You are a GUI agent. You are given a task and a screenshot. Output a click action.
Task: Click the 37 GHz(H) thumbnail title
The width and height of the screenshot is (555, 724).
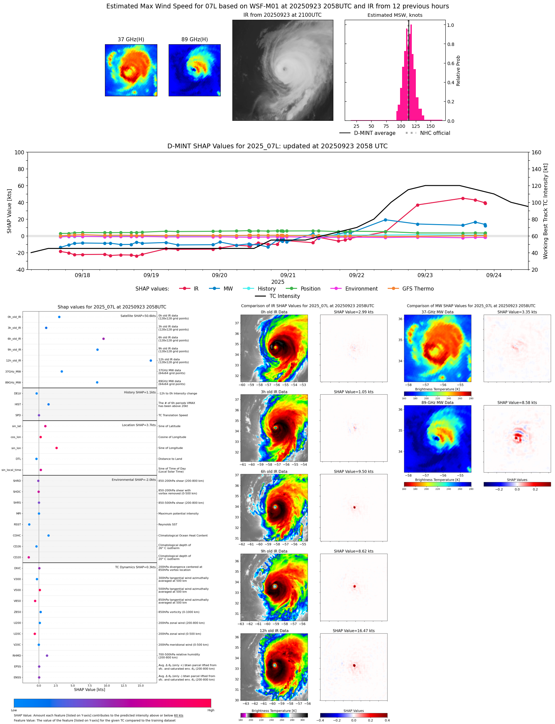click(131, 40)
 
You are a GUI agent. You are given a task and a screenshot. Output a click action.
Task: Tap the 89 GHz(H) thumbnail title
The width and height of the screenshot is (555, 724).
click(195, 40)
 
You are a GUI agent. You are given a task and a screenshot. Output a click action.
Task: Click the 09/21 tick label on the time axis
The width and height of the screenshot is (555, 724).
click(288, 275)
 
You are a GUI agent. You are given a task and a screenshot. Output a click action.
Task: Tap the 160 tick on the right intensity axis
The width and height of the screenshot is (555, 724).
click(536, 153)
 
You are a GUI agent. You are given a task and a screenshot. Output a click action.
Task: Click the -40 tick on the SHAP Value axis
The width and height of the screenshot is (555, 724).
click(19, 270)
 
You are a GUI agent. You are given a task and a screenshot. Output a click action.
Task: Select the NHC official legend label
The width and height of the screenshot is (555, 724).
click(435, 133)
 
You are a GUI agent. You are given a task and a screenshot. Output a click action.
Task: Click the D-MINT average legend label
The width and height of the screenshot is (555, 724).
click(375, 133)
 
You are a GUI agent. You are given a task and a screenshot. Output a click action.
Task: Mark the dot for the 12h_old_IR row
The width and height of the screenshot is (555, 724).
click(151, 361)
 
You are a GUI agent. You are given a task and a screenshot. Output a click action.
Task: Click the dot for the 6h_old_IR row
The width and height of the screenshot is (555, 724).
click(103, 339)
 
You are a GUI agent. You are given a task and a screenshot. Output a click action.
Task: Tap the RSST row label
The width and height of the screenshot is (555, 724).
click(17, 525)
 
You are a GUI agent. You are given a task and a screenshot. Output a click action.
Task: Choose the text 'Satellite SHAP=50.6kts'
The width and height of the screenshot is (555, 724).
click(138, 316)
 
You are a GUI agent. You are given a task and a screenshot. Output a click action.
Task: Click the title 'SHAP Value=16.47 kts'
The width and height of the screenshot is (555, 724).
click(353, 631)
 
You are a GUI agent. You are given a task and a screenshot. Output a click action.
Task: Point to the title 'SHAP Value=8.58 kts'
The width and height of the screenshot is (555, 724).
click(517, 403)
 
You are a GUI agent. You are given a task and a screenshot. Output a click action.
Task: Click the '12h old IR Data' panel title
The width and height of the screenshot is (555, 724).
click(274, 631)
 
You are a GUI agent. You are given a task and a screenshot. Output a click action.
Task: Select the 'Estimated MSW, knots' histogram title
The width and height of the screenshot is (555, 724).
click(395, 15)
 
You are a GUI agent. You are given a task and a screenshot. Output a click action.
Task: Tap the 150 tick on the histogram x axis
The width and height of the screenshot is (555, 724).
click(430, 126)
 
